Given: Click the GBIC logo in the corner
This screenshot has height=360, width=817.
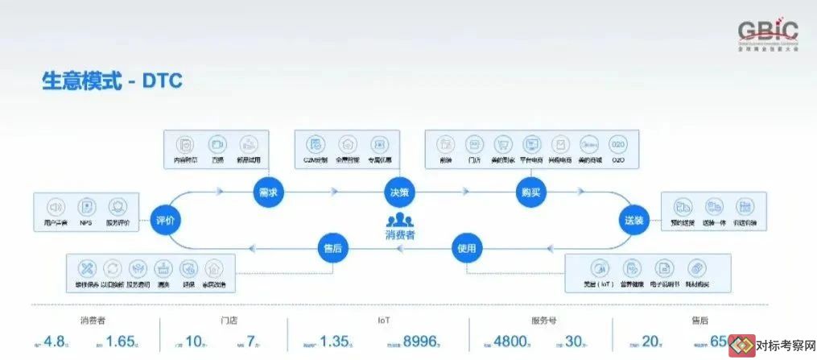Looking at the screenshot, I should [x=768, y=35].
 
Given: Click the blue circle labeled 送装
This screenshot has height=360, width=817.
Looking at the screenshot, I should [x=634, y=218].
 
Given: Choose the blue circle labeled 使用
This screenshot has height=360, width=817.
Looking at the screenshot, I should [x=467, y=247].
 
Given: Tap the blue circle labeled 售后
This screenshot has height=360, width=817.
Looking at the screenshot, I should [x=332, y=247].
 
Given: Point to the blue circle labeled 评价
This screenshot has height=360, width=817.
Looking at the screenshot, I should [x=164, y=219].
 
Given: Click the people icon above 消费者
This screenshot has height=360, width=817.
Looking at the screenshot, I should [x=400, y=220].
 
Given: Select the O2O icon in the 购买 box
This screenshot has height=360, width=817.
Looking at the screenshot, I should [x=618, y=144].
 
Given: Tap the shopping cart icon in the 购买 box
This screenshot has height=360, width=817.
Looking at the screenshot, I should [x=502, y=144].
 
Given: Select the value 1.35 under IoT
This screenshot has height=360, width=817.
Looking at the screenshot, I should [x=334, y=341].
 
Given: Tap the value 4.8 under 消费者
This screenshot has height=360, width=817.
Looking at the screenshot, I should [x=56, y=341].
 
